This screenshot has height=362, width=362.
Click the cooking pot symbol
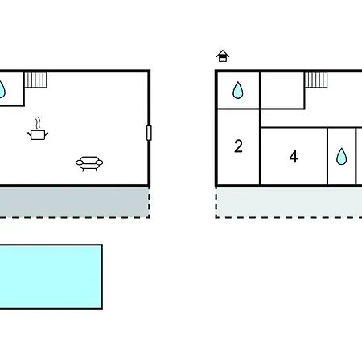38,134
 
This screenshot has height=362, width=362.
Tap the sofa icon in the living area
89,163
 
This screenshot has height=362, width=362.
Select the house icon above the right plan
223,56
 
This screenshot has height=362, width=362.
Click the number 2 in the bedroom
238,146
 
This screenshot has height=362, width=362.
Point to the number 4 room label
294,156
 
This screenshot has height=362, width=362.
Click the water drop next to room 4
341,156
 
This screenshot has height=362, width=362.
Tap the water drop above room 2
238,90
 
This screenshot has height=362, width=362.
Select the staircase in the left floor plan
36,80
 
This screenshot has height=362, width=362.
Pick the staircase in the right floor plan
316,80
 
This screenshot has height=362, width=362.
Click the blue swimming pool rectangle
51,277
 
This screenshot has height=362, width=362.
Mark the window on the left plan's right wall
149,133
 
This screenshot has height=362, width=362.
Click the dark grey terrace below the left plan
74,202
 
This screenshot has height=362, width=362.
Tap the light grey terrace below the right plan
290,202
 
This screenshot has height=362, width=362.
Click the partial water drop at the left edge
2,89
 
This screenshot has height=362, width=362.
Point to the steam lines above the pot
39,123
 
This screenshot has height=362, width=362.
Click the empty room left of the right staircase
282,90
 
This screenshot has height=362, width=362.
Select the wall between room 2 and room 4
260,156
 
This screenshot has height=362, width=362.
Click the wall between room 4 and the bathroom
327,156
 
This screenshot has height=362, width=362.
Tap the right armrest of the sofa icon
100,162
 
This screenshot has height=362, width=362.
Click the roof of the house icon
223,53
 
